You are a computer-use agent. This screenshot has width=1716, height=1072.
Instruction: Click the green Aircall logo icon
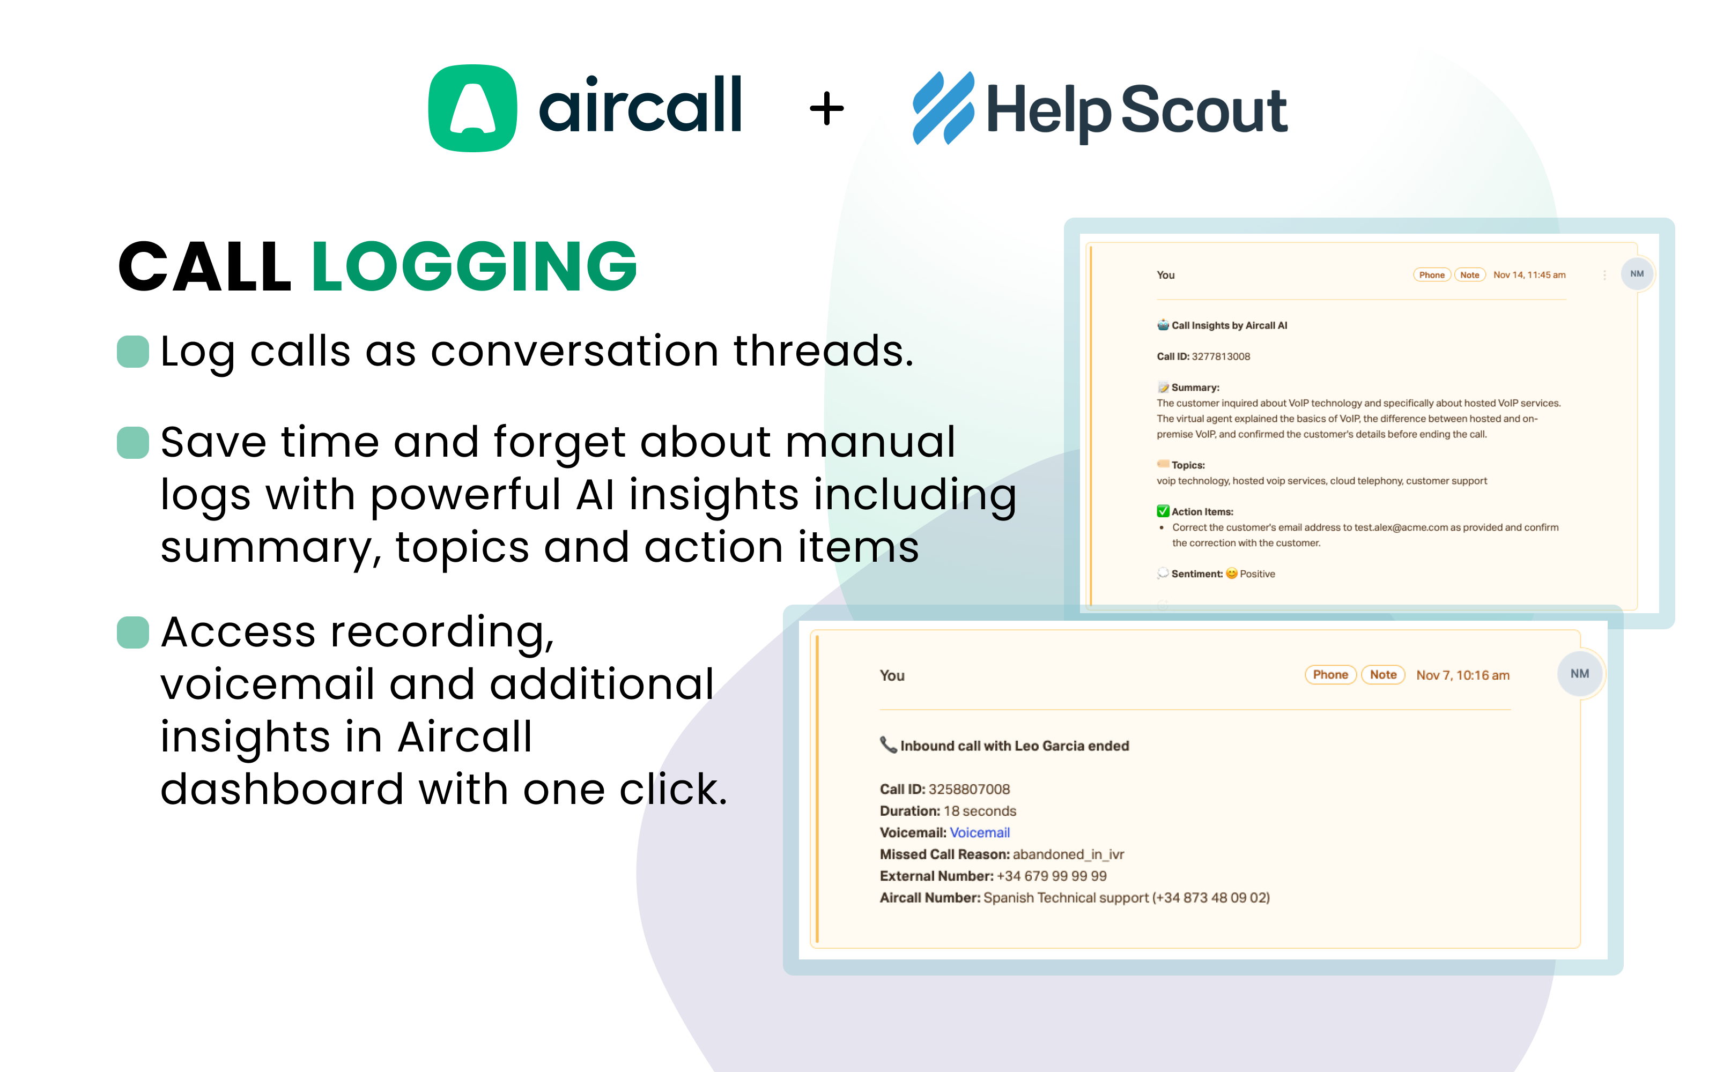(x=472, y=108)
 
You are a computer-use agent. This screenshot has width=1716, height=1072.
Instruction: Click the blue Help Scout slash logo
(x=943, y=108)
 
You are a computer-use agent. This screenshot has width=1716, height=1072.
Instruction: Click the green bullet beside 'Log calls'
(x=132, y=352)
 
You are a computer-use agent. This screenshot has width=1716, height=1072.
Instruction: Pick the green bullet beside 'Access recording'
(x=132, y=632)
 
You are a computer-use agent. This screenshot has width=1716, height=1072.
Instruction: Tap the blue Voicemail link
(x=979, y=832)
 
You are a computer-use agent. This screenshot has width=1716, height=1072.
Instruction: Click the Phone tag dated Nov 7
(x=1330, y=675)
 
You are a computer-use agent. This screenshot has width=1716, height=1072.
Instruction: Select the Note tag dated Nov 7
(x=1383, y=675)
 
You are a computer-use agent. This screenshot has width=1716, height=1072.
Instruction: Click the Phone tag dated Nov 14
(x=1432, y=275)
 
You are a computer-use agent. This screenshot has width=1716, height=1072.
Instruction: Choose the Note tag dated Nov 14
(x=1470, y=275)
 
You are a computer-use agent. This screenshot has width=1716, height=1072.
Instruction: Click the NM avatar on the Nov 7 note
(x=1580, y=674)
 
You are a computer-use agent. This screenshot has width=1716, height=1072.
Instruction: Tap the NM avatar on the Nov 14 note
(x=1637, y=274)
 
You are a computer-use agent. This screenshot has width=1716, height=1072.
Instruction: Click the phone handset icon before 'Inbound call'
(x=888, y=745)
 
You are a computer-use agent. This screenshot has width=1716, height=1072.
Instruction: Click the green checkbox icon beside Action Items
(x=1163, y=511)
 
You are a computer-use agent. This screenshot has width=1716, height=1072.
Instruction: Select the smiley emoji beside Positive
(x=1232, y=574)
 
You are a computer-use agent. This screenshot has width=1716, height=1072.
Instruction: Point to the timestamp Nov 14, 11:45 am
(x=1529, y=275)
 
